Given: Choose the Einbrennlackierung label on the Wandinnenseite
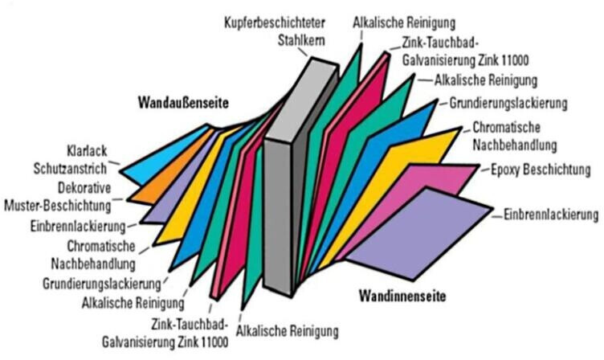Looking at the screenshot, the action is pyautogui.click(x=553, y=215).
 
